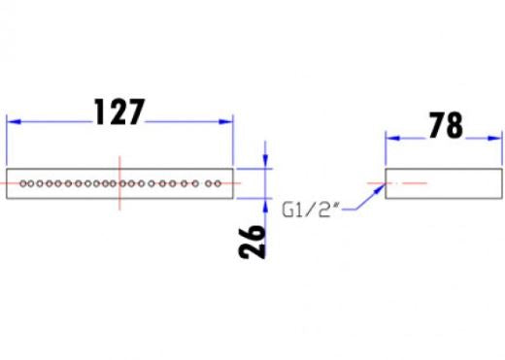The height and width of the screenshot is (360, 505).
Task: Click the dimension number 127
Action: click(118, 112)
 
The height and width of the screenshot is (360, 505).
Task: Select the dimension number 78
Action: click(446, 125)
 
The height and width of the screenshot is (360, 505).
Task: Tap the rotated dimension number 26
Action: click(252, 242)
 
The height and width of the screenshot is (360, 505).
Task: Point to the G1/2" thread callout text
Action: click(310, 210)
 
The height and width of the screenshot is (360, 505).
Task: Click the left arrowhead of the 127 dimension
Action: click(14, 121)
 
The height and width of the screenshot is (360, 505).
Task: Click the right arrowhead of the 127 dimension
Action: click(226, 121)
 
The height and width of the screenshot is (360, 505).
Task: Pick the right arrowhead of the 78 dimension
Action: click(495, 138)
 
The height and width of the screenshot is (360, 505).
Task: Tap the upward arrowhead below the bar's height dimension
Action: click(265, 206)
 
